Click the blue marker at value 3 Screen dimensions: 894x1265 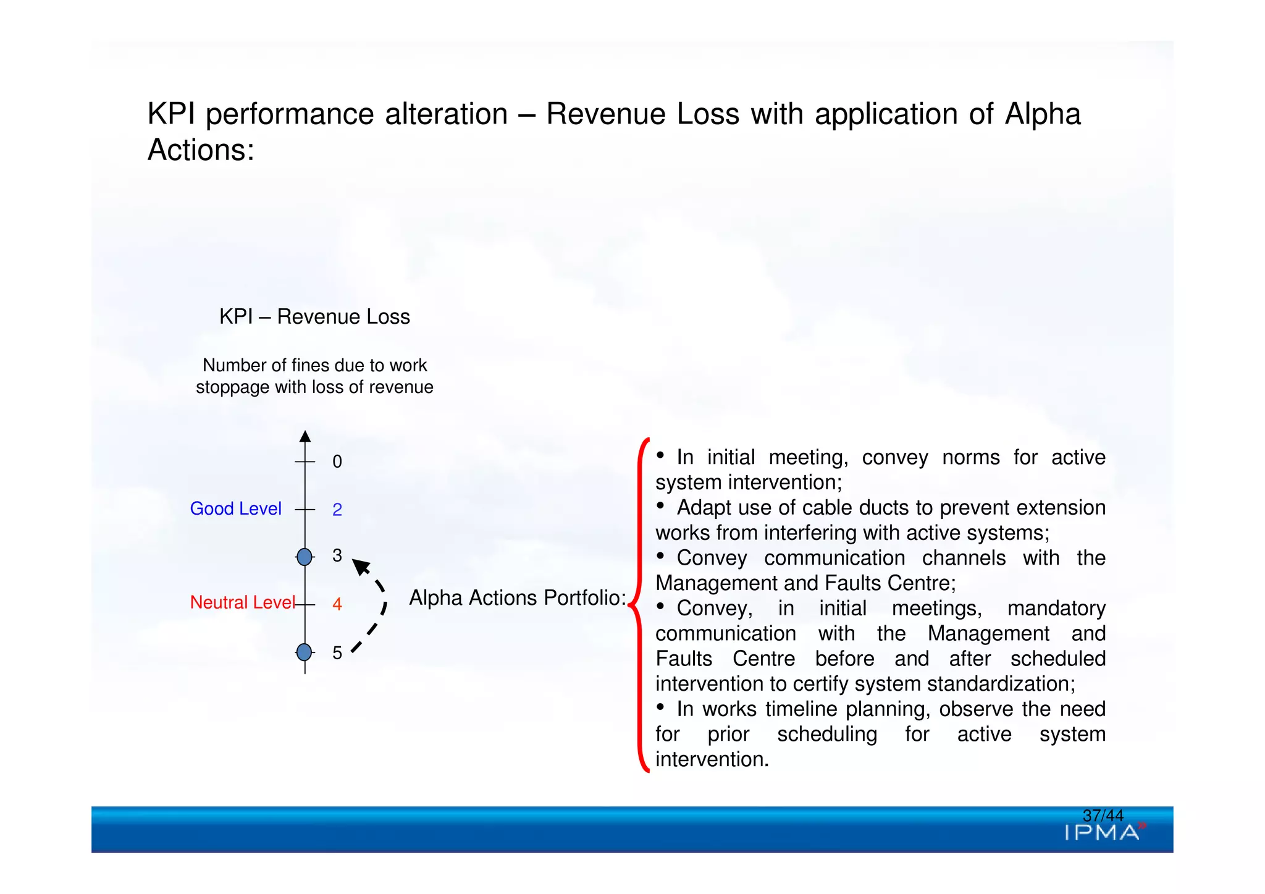point(305,557)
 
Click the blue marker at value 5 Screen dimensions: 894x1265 point(305,652)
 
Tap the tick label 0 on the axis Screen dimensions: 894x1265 point(337,462)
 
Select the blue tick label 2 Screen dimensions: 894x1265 point(337,510)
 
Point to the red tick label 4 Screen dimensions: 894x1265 point(337,604)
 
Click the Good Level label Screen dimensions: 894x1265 point(235,508)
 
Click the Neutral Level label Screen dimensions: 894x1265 point(242,602)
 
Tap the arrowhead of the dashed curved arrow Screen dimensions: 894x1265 point(360,567)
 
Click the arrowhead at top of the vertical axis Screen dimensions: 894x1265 point(305,436)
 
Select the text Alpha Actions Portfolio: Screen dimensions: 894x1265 point(518,597)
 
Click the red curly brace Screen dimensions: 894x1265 point(641,605)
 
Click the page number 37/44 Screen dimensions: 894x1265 point(1103,816)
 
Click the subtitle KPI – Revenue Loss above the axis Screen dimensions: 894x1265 point(314,316)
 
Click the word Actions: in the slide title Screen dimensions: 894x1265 point(201,150)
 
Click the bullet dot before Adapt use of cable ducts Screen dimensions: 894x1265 point(660,505)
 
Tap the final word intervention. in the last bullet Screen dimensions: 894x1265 point(712,759)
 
